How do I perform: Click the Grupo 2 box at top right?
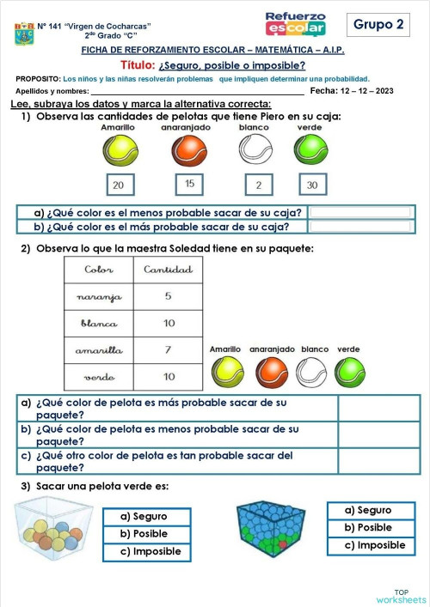[379, 25]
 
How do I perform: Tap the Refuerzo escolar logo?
[295, 24]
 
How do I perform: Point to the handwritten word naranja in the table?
[99, 297]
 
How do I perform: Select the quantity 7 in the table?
[169, 350]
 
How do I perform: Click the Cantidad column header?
[168, 270]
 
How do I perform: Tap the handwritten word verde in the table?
[99, 377]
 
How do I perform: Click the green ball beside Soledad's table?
[349, 372]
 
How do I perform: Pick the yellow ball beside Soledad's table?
[227, 372]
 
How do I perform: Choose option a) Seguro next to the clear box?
[144, 516]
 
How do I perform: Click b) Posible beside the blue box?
[368, 527]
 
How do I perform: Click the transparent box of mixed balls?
[52, 525]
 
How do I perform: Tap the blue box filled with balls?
[278, 526]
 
